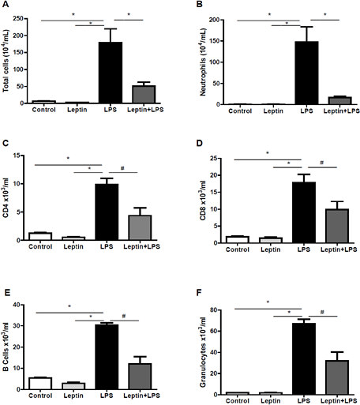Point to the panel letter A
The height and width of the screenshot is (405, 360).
[5, 5]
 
